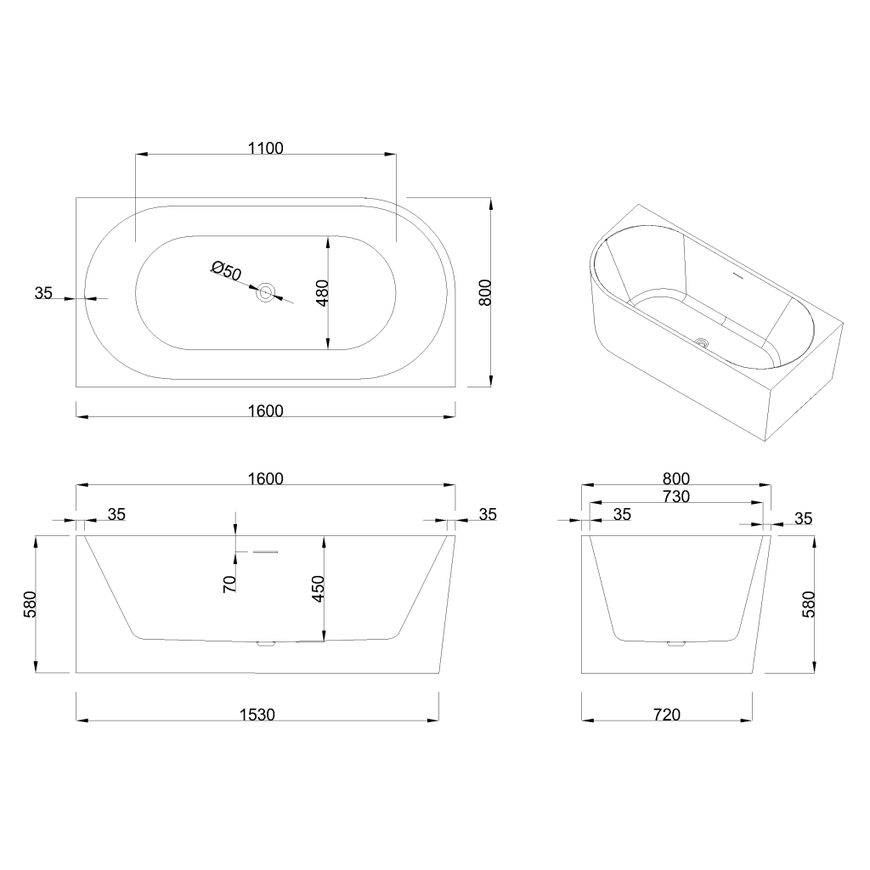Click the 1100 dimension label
tap(265, 148)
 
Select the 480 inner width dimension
tap(322, 293)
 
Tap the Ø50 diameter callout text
tap(226, 271)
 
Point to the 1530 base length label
tap(257, 714)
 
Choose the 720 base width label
tap(667, 714)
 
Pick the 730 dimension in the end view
tap(675, 496)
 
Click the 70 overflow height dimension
tap(229, 584)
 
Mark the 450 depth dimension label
tap(318, 589)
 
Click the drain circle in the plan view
tap(266, 292)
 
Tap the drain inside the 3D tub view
tap(703, 342)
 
